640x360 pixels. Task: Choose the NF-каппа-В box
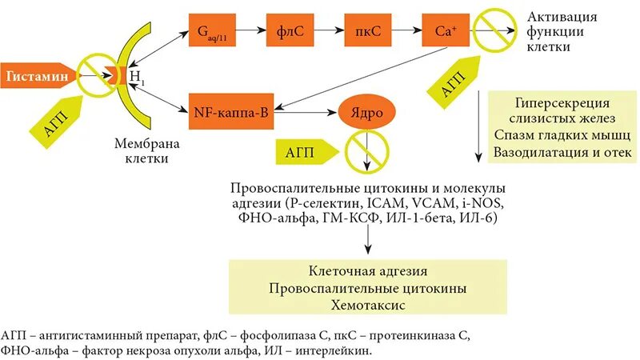click(x=232, y=114)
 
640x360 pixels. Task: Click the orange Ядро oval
click(x=365, y=113)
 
